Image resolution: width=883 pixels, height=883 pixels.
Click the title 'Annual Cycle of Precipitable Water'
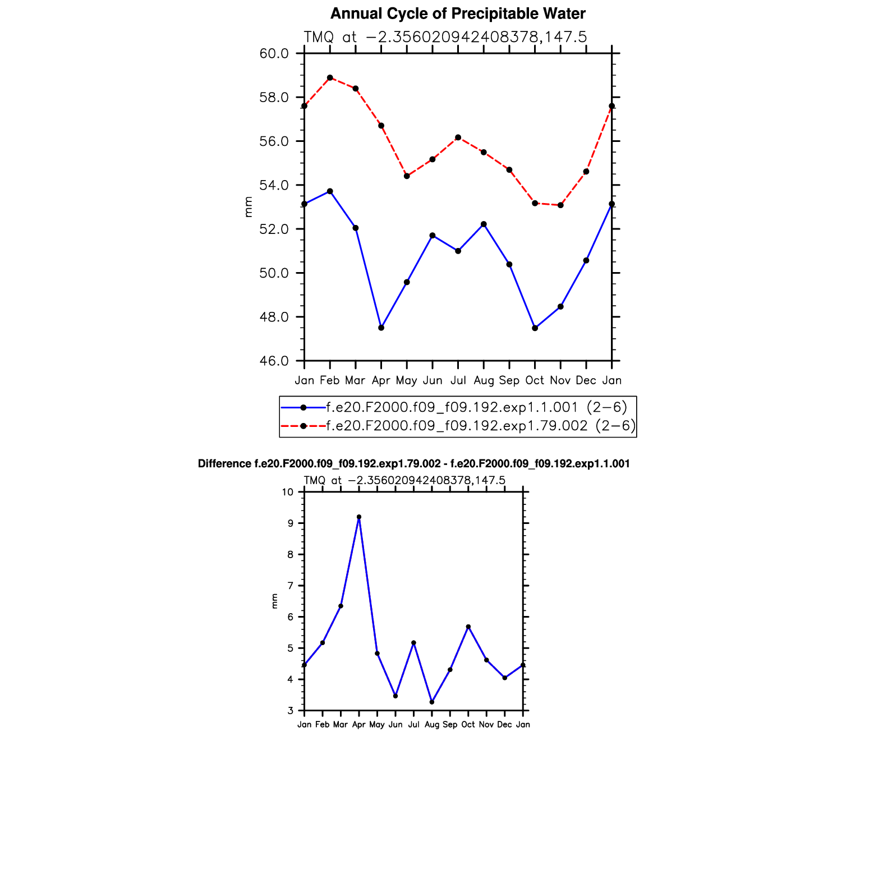pos(458,13)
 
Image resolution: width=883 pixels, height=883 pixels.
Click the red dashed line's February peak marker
pos(330,78)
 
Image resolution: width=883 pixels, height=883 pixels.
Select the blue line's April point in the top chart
pos(381,328)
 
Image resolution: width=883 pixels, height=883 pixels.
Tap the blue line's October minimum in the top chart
pos(535,328)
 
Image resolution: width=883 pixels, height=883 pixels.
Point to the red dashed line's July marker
pos(458,137)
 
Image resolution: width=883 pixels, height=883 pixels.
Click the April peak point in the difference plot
pos(359,517)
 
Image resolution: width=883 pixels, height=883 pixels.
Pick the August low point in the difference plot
pos(432,702)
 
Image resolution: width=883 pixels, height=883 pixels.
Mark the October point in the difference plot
pos(468,627)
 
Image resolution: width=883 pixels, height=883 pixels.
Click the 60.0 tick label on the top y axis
pos(274,54)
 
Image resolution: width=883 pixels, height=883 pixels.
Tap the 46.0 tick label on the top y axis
pos(274,361)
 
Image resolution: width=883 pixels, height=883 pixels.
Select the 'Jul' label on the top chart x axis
pos(458,381)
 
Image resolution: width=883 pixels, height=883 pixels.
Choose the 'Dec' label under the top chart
pos(586,381)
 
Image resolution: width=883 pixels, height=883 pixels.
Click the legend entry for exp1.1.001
pos(476,407)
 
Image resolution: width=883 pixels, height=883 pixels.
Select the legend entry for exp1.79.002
pos(481,426)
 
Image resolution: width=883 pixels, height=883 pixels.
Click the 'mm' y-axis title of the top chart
pos(249,207)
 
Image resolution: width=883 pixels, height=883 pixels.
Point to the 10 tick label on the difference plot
pos(288,493)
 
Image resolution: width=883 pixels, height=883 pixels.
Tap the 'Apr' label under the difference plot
pos(359,725)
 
